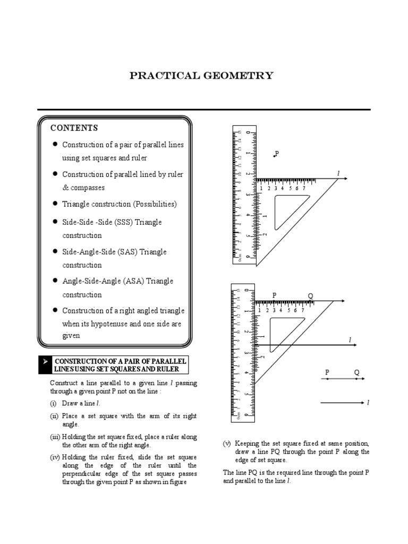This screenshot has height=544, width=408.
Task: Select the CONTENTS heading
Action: tap(74, 128)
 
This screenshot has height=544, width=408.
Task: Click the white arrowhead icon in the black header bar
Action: tap(45, 361)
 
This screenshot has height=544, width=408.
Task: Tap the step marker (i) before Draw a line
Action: tap(54, 404)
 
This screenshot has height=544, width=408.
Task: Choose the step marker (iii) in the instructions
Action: tap(55, 437)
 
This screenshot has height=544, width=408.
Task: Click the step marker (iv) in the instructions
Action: tap(55, 457)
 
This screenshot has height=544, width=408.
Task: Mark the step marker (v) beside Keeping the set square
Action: tap(226, 443)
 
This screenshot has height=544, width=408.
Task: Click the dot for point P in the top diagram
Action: tap(274, 156)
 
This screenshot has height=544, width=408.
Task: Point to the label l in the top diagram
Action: tap(338, 173)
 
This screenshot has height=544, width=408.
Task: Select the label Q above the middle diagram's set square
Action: tap(310, 296)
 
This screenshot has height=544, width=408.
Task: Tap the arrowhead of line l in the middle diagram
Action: tap(354, 346)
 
